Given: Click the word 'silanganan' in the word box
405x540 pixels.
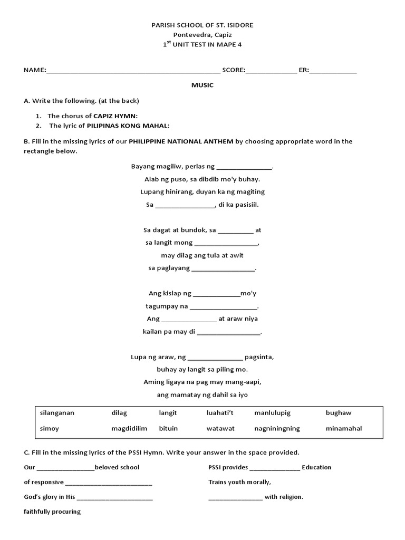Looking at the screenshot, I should coord(57,413).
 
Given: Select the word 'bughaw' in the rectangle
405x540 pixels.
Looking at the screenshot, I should coord(338,413).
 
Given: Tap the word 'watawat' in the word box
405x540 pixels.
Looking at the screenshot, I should coord(220,429).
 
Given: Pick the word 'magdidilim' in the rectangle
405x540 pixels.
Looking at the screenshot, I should coord(129,429).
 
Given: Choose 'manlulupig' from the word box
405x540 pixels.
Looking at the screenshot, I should coord(272,413).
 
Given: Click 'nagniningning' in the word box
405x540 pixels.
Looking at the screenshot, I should coord(277,429).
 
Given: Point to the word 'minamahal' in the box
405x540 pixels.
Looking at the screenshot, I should coord(344,429).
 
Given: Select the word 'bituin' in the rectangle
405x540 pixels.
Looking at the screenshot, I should coord(168,429).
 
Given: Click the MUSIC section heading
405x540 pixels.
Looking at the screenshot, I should coord(202,85).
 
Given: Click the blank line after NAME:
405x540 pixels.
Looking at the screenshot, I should coord(133,71).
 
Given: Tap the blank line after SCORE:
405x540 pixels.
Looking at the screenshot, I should coord(271,71).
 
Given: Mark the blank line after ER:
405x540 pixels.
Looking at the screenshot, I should coord(333,71).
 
